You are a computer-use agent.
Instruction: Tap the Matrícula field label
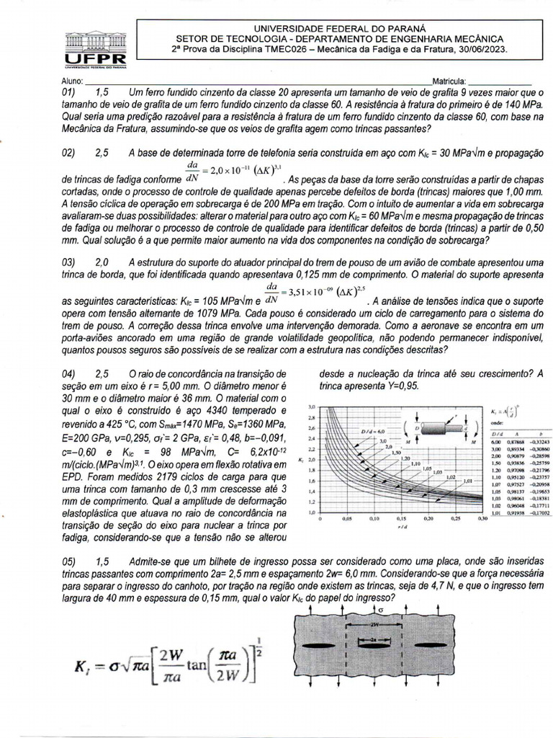point(449,81)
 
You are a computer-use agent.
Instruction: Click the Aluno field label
point(74,81)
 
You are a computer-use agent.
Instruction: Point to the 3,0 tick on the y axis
point(312,406)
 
